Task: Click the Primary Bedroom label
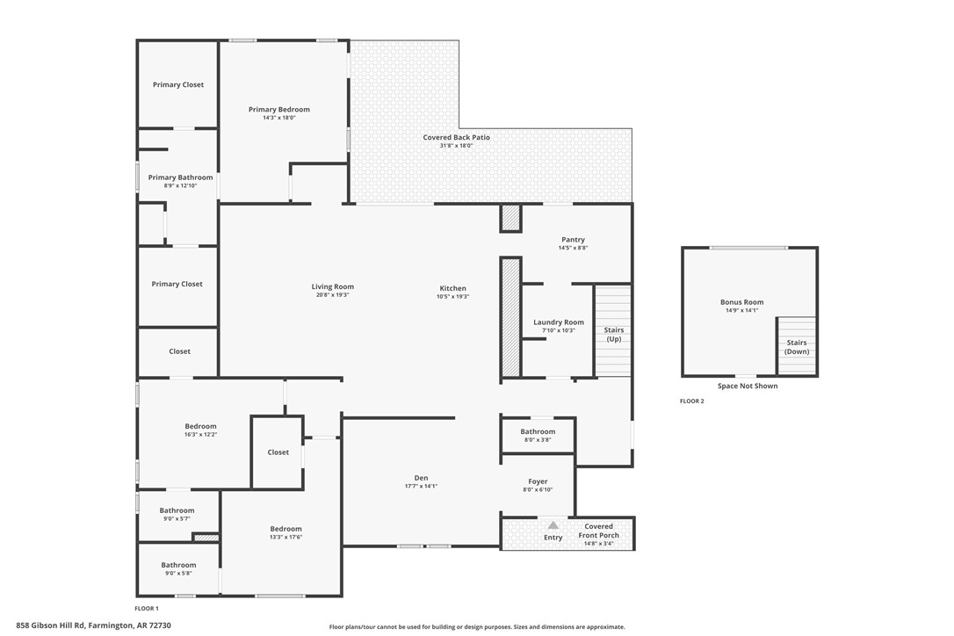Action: point(279,110)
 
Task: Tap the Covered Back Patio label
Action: point(456,138)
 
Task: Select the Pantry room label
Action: point(572,240)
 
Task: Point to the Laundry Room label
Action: point(558,322)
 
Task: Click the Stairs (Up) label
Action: point(613,335)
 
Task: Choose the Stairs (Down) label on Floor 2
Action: point(796,347)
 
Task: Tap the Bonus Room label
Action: point(741,302)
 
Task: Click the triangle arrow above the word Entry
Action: point(553,525)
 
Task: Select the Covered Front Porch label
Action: point(598,531)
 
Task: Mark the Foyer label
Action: point(538,481)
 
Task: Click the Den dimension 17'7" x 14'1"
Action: point(421,486)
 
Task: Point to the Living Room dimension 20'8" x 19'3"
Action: point(332,295)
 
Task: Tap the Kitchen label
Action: point(452,288)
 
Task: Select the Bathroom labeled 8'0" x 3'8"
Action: point(538,431)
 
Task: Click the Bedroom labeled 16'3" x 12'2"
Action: point(200,426)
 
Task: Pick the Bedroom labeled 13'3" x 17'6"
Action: point(285,529)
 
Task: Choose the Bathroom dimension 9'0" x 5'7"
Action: point(177,518)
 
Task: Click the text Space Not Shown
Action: point(747,386)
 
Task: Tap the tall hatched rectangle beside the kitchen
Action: point(510,317)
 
